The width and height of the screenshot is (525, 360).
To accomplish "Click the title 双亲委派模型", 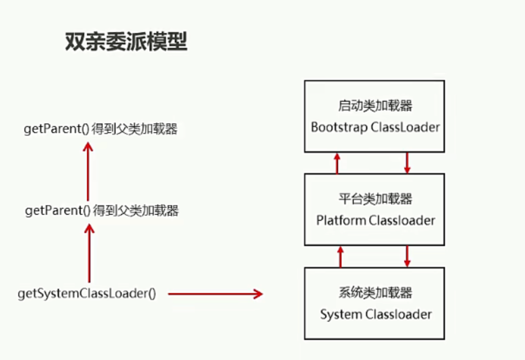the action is tap(126, 41).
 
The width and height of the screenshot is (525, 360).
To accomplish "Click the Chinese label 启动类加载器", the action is tap(375, 106).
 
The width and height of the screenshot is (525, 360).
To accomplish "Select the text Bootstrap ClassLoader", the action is tap(375, 127).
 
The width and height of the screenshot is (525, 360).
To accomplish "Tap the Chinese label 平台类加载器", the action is tap(375, 199).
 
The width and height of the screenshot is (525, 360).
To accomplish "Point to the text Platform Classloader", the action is tap(375, 220).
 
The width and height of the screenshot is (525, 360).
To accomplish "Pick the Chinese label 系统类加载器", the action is tap(375, 293).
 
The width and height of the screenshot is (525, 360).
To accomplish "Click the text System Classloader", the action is tap(376, 314).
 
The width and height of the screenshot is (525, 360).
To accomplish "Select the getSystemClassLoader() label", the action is tap(87, 293).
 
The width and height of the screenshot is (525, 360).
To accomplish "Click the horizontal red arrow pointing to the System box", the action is tap(216, 294).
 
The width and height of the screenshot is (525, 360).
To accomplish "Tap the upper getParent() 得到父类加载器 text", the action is tap(100, 129).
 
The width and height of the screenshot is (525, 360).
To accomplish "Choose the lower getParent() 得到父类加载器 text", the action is tap(102, 210).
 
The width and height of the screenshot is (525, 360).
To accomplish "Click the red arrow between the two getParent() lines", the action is tap(88, 171).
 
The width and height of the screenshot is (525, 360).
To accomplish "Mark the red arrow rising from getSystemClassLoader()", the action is tap(89, 253).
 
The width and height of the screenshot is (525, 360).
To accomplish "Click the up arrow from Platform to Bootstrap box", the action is tap(337, 163).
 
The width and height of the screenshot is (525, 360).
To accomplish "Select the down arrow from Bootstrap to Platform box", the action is tap(407, 163).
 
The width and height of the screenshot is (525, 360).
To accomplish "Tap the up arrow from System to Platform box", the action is tap(341, 257).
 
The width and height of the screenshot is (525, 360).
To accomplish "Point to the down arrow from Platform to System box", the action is tap(407, 257).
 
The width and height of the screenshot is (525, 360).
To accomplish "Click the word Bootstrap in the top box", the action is tap(339, 127).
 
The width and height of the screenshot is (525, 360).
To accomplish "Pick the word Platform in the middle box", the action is tap(341, 220).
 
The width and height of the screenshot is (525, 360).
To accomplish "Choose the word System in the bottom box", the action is tap(341, 314).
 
